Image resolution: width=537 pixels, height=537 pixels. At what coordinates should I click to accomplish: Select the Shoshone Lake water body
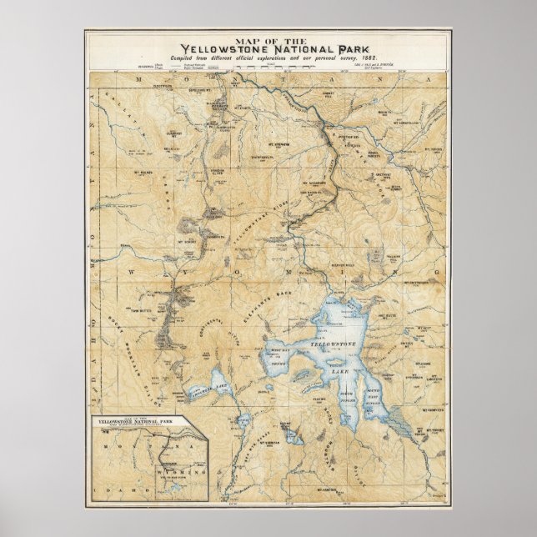pos(206,384)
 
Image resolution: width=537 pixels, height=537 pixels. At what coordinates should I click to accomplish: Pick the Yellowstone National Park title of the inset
pos(138,424)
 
